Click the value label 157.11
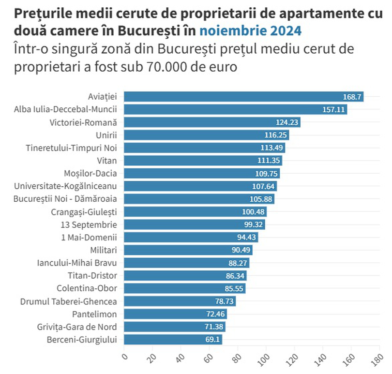tap(333, 110)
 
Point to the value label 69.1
tap(212, 340)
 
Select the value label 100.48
tap(253, 212)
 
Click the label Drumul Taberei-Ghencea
tap(68, 301)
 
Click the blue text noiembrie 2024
tap(251, 31)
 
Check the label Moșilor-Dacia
tap(90, 173)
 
